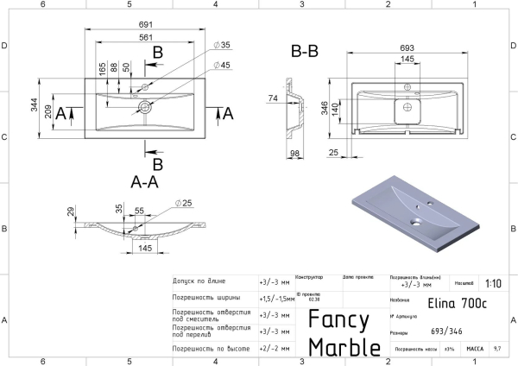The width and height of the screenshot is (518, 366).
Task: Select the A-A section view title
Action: [x=144, y=182]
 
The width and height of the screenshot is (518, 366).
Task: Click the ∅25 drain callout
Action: [x=182, y=203]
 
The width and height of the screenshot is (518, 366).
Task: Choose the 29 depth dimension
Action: [x=70, y=211]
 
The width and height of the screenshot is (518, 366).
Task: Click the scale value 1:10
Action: [x=493, y=282]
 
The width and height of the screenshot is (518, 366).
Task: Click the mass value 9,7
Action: [x=496, y=349]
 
